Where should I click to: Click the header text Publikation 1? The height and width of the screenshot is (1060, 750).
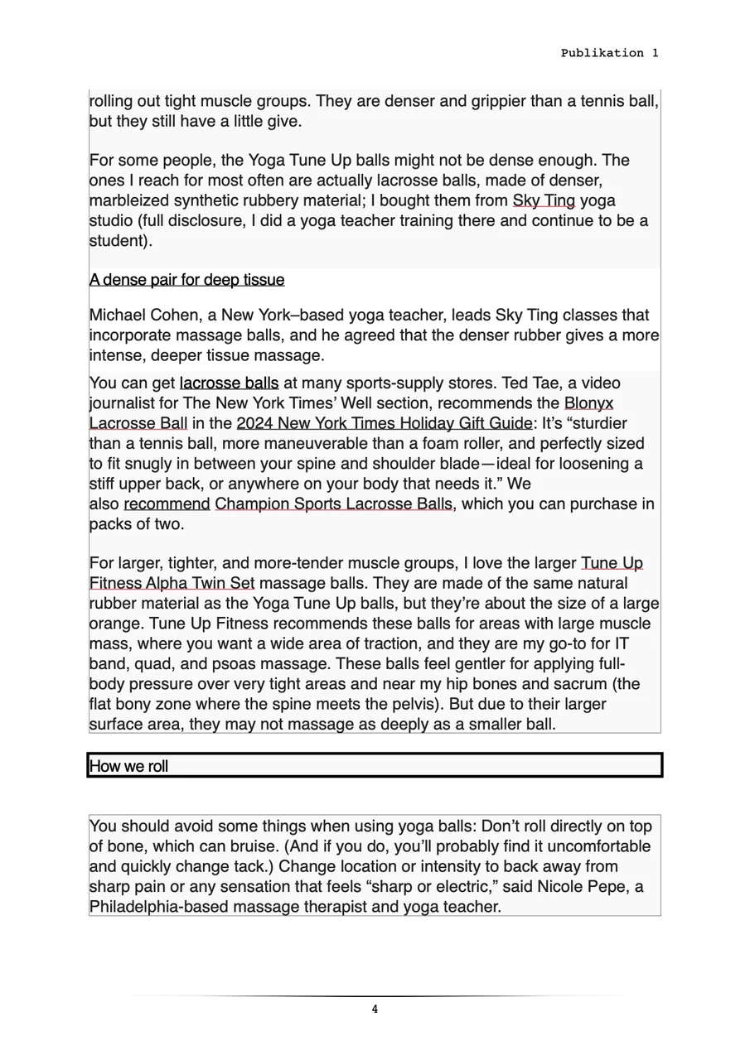609,53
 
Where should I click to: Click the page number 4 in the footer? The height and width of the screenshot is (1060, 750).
375,1009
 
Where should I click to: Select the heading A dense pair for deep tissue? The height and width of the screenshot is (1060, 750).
186,280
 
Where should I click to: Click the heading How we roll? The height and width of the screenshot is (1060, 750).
128,766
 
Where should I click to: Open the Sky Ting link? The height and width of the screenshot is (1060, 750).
544,200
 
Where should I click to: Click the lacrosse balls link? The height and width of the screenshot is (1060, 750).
229,383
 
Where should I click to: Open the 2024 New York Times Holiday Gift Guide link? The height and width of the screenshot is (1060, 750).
385,423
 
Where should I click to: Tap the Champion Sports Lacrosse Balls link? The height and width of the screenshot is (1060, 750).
334,503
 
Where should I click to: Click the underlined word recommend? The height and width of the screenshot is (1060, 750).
167,503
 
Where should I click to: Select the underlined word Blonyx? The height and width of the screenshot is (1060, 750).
588,403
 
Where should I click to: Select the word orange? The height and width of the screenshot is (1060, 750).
116,624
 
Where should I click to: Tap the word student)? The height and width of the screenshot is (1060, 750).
121,241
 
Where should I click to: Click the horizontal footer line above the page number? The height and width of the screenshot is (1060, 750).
375,995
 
